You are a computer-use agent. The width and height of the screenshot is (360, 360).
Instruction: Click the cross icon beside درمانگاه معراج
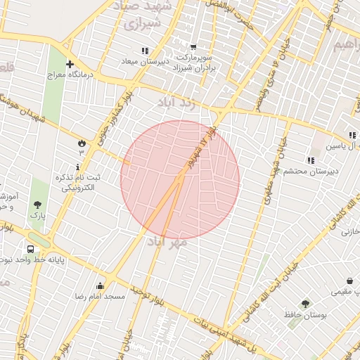[70, 64]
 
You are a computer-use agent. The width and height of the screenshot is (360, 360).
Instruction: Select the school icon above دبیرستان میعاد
[145, 51]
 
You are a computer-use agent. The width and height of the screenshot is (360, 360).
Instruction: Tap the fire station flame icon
[82, 143]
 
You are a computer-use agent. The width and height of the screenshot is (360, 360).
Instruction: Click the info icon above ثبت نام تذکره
[77, 167]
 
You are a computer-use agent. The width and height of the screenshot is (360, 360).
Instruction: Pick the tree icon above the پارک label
[37, 205]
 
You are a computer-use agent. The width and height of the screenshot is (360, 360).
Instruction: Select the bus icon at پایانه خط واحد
[30, 249]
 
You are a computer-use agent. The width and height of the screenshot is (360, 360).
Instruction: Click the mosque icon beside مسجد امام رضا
[100, 286]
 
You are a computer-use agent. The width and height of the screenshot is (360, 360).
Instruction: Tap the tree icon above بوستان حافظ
[304, 304]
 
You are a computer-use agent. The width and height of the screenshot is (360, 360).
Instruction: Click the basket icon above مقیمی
[349, 281]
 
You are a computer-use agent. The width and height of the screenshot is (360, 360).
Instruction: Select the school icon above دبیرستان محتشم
[311, 160]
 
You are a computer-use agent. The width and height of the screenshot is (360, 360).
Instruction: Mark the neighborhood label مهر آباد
[167, 243]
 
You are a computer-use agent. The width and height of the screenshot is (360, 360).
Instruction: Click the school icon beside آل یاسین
[352, 135]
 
